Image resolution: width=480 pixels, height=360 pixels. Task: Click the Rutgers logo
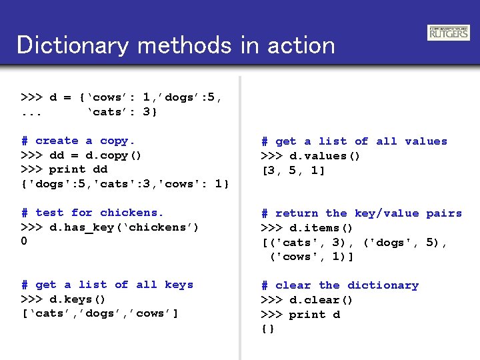click(x=449, y=33)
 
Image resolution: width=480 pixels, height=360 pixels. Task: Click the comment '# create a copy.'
click(x=78, y=141)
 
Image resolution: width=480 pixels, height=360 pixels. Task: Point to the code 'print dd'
click(x=79, y=169)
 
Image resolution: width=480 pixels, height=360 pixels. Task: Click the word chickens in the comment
click(x=131, y=213)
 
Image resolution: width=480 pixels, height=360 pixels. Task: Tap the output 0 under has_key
click(x=25, y=241)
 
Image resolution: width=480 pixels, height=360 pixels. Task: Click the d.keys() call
click(x=78, y=299)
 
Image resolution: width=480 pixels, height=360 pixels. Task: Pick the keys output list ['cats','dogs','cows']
click(x=100, y=313)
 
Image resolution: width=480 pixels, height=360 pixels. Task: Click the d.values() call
click(x=325, y=156)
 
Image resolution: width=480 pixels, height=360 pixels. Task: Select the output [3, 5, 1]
click(x=293, y=171)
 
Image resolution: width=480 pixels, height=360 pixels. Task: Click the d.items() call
click(x=321, y=228)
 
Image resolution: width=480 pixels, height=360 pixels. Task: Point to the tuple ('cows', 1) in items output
click(x=311, y=257)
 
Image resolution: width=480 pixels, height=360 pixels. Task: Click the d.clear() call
click(x=321, y=300)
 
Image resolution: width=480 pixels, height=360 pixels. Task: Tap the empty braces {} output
click(x=268, y=329)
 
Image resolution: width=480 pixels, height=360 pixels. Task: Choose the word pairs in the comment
click(x=443, y=213)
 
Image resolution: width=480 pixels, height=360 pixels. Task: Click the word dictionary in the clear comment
click(x=383, y=285)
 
